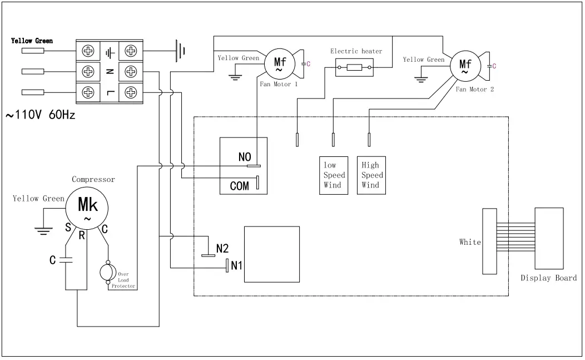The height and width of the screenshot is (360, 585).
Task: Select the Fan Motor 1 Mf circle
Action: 278,65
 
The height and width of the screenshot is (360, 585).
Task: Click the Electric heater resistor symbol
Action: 354,68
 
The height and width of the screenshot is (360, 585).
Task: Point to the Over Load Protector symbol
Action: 106,273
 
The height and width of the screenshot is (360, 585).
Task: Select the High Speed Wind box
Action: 371,175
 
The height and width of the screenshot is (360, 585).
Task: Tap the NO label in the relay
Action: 245,157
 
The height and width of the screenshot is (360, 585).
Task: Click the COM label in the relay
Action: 240,186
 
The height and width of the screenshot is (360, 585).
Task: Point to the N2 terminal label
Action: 222,248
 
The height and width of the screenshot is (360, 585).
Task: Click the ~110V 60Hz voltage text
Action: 41,116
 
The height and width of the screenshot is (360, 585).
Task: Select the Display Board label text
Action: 548,278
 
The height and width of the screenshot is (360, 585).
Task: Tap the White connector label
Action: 470,242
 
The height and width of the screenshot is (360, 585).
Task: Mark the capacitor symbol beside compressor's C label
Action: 66,260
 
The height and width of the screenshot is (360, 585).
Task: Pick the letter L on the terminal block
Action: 110,92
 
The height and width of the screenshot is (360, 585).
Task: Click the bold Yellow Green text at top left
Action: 32,41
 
